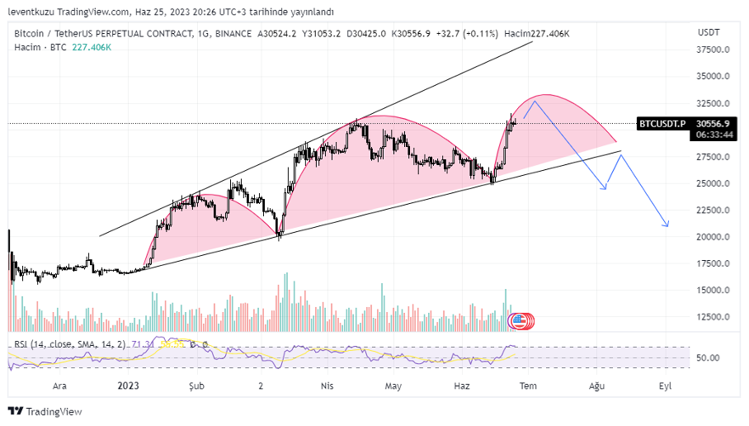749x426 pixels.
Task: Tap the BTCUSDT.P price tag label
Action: (662, 123)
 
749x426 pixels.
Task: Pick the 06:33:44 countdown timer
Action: (714, 135)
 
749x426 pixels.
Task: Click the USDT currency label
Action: (709, 32)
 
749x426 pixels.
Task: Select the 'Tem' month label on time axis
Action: (528, 386)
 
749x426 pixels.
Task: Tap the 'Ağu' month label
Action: (596, 386)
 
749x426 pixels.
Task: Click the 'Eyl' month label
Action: (665, 386)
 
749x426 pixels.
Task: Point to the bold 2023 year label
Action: (129, 386)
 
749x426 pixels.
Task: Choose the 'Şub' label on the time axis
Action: (195, 386)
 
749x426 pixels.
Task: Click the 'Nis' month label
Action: (327, 386)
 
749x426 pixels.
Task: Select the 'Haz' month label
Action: (462, 386)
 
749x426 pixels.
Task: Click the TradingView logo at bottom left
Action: (46, 411)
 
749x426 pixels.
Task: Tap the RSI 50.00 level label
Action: (709, 357)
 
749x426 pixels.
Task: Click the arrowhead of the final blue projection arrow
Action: (667, 225)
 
